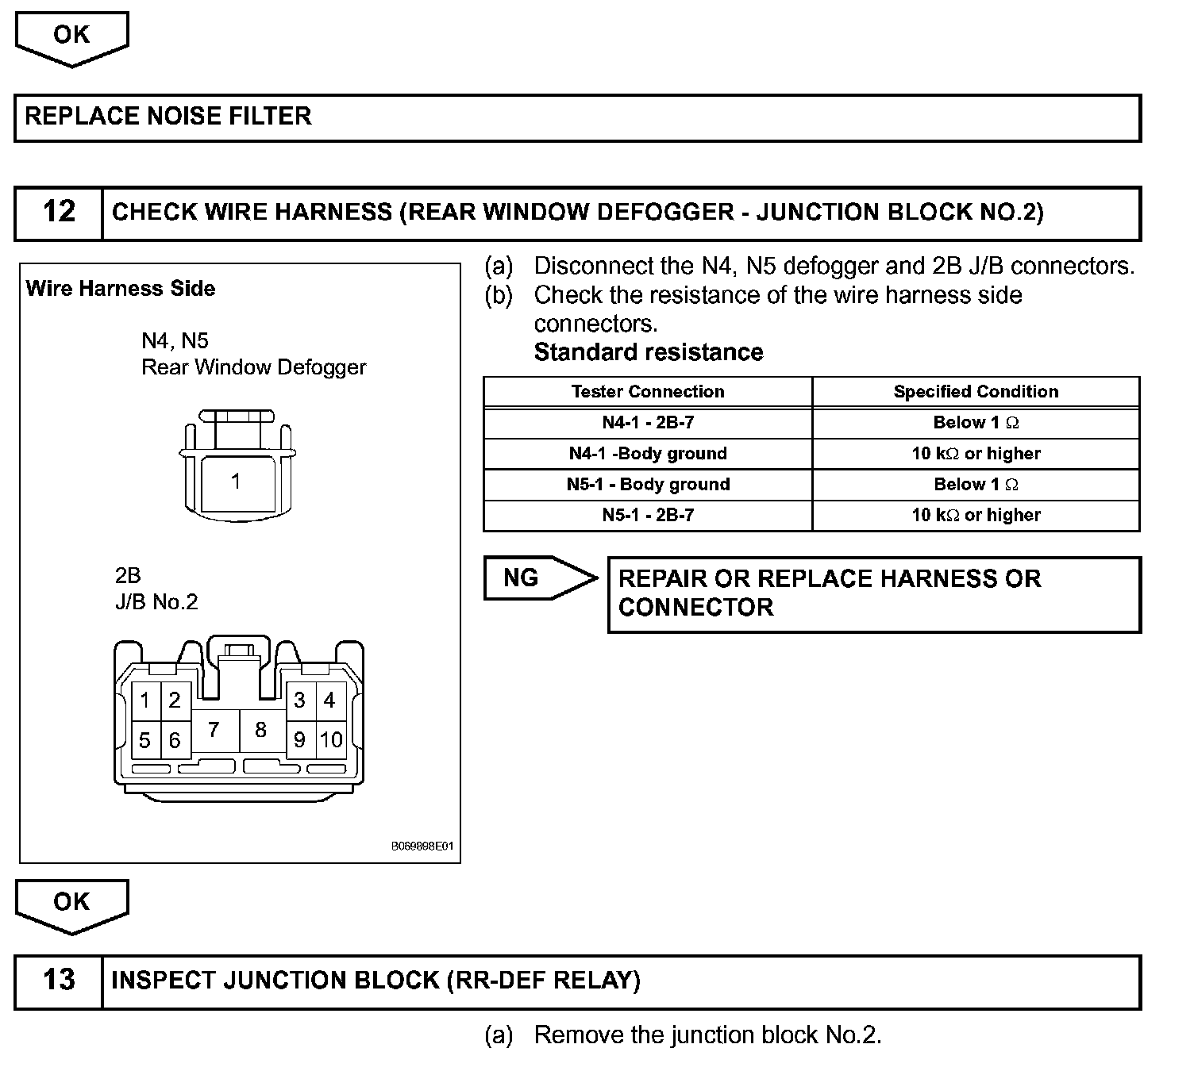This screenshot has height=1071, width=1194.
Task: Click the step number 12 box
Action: click(59, 213)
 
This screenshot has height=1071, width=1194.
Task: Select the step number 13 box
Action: click(59, 981)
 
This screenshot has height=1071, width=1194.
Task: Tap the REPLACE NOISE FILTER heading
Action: click(168, 117)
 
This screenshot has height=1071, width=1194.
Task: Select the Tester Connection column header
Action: click(648, 392)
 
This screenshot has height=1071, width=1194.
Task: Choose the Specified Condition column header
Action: click(976, 392)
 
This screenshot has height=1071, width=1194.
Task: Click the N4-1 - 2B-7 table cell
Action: click(648, 423)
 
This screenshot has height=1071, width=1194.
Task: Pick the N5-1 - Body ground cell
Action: click(648, 485)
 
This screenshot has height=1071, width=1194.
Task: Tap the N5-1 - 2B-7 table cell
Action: click(648, 516)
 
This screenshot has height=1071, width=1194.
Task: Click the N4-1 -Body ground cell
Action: click(648, 454)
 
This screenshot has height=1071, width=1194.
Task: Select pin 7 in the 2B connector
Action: click(214, 730)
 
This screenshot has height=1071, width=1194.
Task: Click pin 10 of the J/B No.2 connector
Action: click(331, 740)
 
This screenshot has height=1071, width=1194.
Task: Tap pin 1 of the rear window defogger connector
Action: click(235, 482)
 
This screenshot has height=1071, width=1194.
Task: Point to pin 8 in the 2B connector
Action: click(260, 730)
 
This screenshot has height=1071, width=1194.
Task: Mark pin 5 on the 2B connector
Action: click(144, 740)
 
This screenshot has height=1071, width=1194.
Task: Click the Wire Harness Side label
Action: click(121, 289)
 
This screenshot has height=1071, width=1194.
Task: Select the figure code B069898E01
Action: click(422, 846)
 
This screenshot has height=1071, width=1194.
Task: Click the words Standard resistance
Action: click(649, 352)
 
